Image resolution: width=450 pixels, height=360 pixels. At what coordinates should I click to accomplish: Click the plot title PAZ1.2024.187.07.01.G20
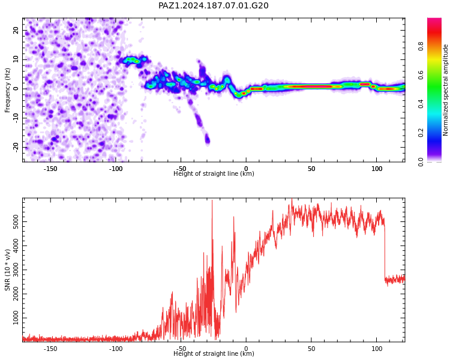(214, 5)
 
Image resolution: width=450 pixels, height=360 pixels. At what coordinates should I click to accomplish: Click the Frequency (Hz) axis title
(7, 90)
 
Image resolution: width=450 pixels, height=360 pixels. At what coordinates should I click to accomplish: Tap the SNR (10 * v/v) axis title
(7, 270)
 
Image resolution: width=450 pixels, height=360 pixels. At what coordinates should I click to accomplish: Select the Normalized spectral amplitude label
(445, 90)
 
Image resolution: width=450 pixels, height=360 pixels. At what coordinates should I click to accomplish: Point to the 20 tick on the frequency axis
(16, 30)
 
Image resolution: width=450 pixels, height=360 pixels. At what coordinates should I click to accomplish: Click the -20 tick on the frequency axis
(16, 148)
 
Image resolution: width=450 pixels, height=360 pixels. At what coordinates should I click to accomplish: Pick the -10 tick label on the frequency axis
(16, 118)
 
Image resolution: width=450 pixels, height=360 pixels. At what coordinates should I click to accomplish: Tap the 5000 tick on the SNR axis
(16, 221)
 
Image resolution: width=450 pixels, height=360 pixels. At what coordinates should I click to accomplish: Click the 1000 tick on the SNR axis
(16, 318)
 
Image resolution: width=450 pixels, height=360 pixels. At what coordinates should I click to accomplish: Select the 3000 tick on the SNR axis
(16, 270)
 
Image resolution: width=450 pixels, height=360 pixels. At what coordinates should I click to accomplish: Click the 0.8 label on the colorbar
(421, 46)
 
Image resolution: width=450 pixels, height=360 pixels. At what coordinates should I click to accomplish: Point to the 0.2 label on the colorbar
(421, 133)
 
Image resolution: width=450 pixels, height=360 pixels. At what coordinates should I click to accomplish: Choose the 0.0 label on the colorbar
(421, 161)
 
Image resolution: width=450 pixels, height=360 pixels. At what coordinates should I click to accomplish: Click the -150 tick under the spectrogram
(50, 169)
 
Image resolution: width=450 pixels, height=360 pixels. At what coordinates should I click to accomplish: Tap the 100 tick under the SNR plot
(377, 349)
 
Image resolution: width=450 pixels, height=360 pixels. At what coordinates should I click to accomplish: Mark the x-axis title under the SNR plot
(214, 353)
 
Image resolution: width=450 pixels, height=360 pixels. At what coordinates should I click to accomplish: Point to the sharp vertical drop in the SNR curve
(385, 250)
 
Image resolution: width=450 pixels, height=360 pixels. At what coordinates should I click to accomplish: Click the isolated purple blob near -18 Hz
(207, 140)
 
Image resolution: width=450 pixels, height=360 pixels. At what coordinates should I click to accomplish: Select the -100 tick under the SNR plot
(116, 349)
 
